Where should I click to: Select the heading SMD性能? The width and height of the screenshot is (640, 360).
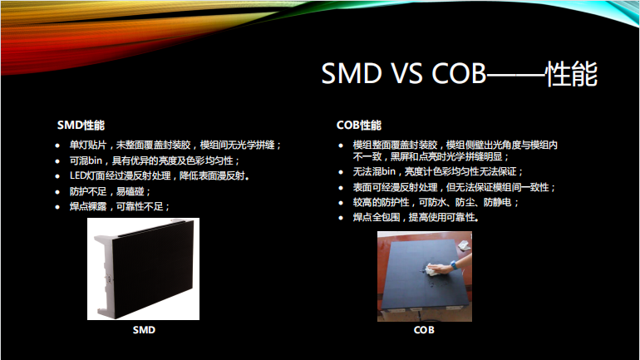pos(81,126)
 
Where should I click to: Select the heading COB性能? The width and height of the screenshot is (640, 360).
pos(358,126)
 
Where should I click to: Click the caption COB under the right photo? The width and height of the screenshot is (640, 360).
pos(424,330)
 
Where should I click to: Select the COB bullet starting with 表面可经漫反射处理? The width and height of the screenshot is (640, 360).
pos(454,187)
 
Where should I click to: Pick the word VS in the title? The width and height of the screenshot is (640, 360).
pos(404,75)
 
